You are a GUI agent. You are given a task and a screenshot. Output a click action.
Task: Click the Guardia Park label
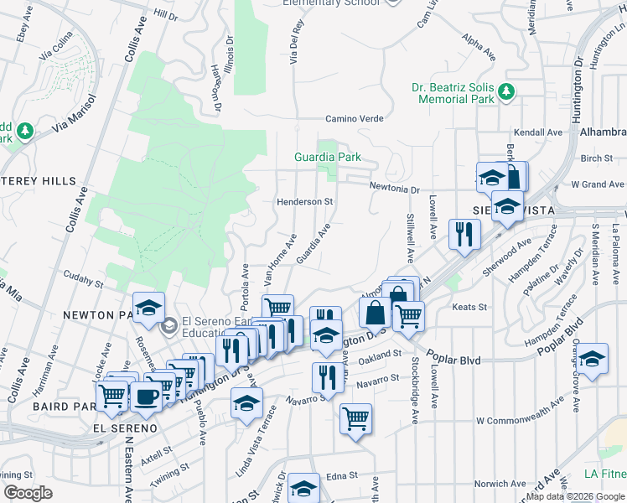[327, 157]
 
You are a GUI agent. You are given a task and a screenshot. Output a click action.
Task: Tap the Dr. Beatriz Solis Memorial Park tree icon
[505, 92]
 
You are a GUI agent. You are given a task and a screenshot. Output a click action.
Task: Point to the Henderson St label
[306, 202]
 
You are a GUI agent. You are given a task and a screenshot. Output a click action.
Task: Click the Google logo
[28, 493]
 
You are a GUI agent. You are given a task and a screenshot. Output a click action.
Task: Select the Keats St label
[469, 308]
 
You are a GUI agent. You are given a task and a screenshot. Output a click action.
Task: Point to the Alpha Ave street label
[479, 44]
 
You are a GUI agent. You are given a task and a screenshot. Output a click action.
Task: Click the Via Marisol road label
[74, 116]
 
